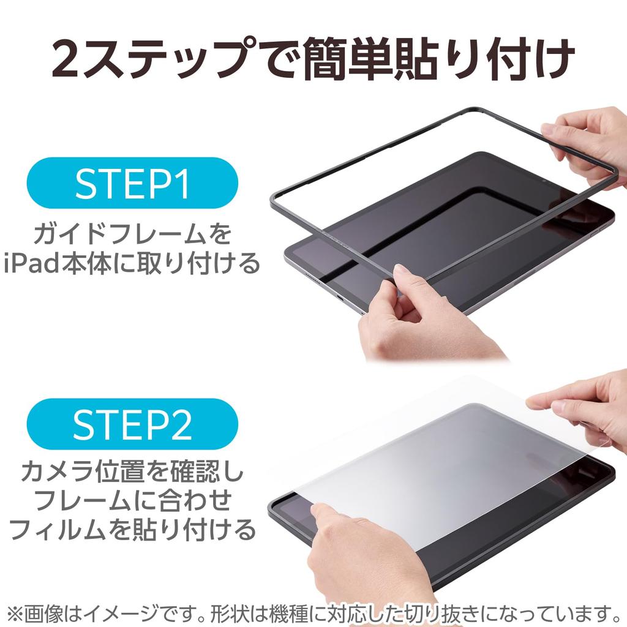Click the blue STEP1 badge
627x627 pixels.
132,183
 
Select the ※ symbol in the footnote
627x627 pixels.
13,612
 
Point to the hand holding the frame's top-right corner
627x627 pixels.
588,144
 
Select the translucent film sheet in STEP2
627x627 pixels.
441,459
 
